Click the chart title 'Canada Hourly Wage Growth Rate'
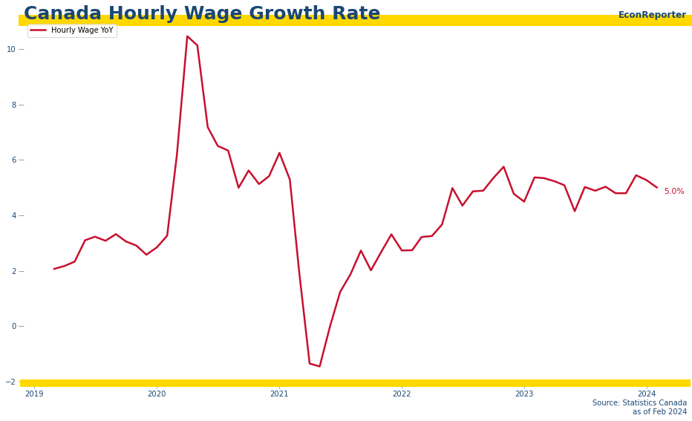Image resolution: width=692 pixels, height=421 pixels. click(202, 14)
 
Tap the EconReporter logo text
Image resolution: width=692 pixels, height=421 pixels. click(652, 15)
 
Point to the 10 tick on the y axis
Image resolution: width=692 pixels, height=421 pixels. click(11, 49)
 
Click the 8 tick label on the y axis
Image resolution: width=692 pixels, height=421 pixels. click(13, 105)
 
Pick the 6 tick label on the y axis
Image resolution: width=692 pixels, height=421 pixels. click(13, 160)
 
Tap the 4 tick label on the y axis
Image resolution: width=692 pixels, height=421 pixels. click(13, 215)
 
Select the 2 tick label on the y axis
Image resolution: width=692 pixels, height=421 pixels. click(13, 271)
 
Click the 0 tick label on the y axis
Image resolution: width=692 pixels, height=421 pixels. click(13, 327)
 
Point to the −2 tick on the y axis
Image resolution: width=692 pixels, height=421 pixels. click(11, 382)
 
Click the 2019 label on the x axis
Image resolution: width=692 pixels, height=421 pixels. click(34, 394)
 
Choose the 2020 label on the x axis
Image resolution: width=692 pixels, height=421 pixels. click(157, 394)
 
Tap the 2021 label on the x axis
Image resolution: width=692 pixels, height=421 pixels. click(279, 394)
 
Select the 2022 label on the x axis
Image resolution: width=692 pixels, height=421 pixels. click(402, 394)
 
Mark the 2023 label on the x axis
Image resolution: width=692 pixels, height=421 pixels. click(524, 394)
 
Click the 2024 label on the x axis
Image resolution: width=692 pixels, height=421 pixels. click(647, 394)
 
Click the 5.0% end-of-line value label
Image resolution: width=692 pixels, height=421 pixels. click(674, 192)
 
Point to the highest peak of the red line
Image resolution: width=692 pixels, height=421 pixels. click(187, 36)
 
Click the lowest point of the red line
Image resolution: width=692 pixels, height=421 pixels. click(319, 366)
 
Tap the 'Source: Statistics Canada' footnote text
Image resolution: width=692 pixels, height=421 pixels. click(639, 403)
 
